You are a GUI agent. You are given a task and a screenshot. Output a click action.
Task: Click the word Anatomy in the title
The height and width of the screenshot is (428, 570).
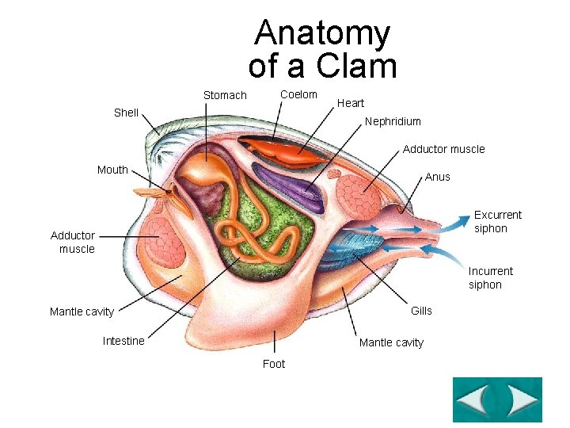(x=322, y=33)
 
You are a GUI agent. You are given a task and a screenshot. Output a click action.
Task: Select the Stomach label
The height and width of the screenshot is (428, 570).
(x=225, y=96)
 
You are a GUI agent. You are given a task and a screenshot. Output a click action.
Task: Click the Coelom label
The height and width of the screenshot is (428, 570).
(x=298, y=94)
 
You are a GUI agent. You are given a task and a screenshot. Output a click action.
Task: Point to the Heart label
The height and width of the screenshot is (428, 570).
(x=351, y=103)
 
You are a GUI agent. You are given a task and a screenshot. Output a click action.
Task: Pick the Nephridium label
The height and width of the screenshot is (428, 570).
(x=393, y=122)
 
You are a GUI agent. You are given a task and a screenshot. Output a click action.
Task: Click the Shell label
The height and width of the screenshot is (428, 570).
(x=126, y=113)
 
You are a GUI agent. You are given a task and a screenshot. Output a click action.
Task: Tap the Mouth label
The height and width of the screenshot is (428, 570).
(x=112, y=170)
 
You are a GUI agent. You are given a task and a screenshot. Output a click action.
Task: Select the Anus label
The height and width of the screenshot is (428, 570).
(x=437, y=177)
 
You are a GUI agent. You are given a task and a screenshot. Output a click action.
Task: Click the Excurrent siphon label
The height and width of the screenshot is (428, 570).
(x=497, y=221)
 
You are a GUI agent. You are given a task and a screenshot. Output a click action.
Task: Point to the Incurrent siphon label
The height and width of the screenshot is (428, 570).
(x=490, y=277)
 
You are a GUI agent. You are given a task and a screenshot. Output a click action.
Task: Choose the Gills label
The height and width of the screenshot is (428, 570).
(x=421, y=311)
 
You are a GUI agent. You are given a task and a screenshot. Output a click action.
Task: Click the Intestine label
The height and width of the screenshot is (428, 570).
(x=123, y=341)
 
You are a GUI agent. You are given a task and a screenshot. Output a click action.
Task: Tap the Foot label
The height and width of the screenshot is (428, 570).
(x=274, y=364)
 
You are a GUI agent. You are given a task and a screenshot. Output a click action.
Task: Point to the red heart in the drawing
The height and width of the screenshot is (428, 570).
(x=277, y=150)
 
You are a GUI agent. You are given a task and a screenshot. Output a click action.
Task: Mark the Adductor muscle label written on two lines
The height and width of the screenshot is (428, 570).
(x=73, y=242)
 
